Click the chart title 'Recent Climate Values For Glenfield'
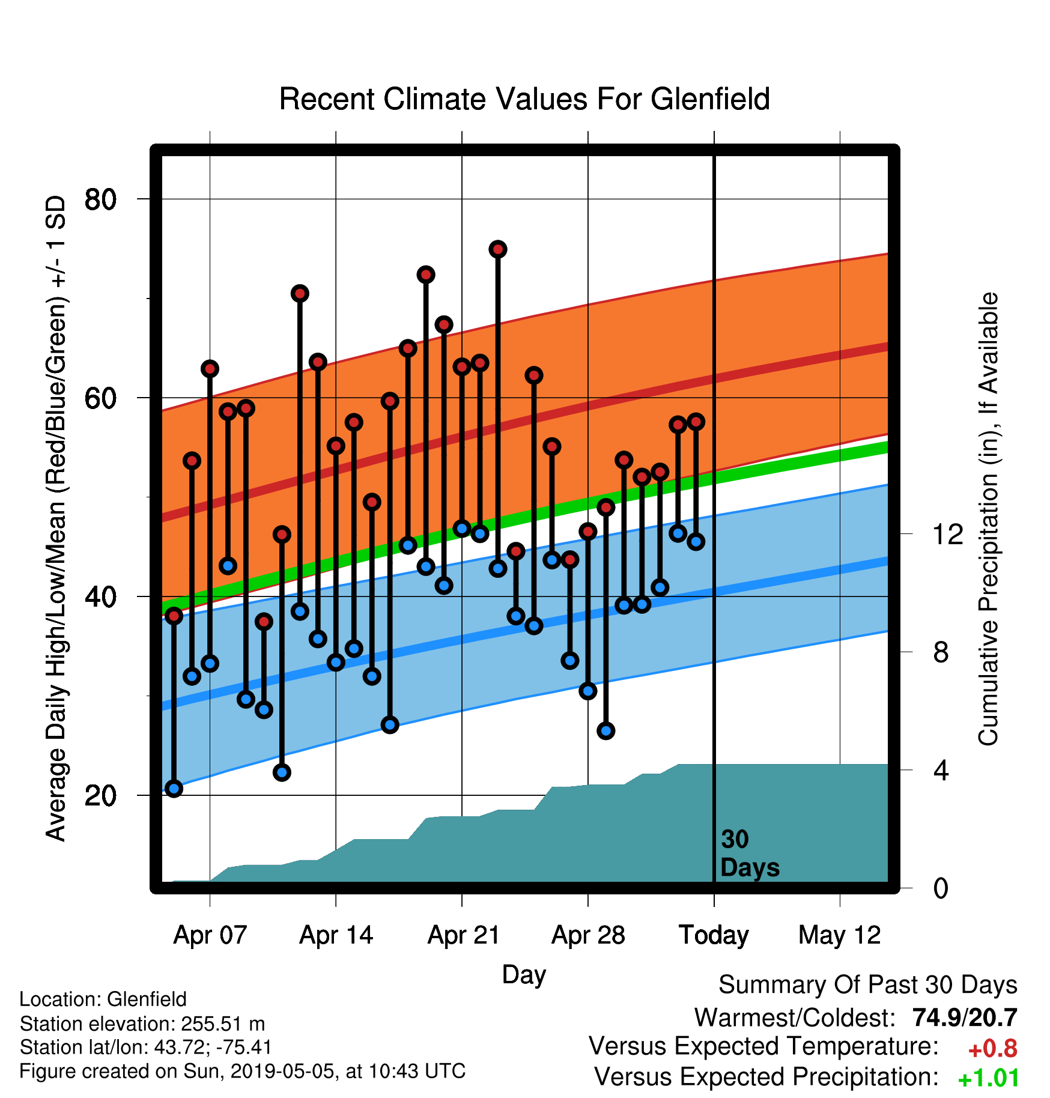[524, 99]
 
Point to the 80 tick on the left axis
[100, 199]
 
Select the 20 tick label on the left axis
[100, 796]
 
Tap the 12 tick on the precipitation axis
[947, 534]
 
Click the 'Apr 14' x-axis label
[336, 935]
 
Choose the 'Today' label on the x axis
[714, 935]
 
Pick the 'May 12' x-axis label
[840, 935]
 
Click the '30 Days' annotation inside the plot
[750, 854]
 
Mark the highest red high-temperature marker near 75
[497, 249]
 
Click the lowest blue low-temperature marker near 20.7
[174, 789]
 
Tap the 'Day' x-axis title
[524, 974]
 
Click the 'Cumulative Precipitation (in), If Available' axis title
[988, 520]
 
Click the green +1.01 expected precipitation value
[988, 1079]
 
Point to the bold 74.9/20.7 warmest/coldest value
[965, 1018]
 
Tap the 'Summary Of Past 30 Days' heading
[868, 985]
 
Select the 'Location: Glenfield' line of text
[103, 999]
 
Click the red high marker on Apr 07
[210, 369]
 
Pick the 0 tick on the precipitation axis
[941, 888]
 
